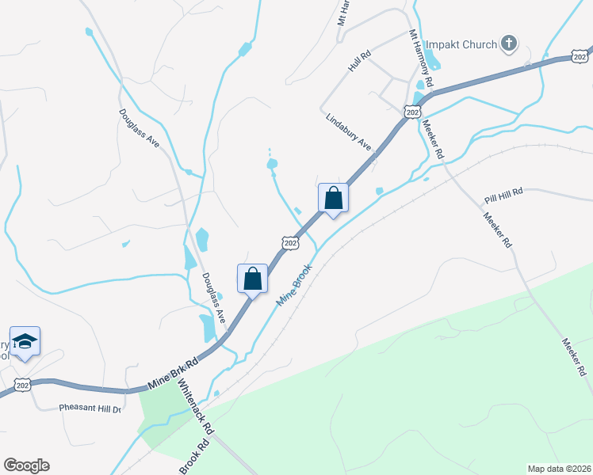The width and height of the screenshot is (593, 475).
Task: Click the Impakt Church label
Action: tap(461, 44)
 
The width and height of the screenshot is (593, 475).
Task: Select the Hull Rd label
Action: tap(360, 62)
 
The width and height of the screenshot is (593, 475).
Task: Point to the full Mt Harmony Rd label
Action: tap(420, 59)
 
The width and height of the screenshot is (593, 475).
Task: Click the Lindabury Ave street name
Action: tap(349, 131)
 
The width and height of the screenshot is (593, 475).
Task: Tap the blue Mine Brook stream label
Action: tap(294, 287)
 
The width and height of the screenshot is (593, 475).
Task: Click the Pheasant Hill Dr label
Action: tap(90, 408)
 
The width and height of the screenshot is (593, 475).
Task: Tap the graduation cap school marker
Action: tap(25, 341)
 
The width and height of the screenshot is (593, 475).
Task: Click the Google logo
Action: tap(26, 465)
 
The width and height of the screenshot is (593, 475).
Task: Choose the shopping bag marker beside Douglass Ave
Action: tap(252, 279)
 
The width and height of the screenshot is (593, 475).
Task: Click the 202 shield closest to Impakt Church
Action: tap(581, 56)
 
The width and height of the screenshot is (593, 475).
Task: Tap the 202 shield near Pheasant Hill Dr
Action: tap(22, 386)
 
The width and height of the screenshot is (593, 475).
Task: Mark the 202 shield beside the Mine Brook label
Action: tap(291, 243)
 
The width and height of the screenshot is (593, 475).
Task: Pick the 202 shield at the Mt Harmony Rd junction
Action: tap(411, 112)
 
